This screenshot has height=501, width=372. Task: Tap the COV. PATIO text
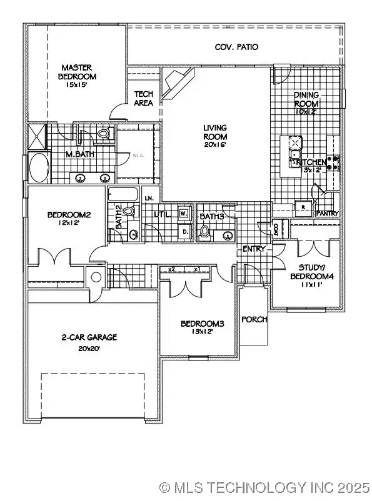236,47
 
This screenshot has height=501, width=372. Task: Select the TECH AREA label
144,99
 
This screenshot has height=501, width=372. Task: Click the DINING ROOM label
306,99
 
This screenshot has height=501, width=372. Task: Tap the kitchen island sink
294,154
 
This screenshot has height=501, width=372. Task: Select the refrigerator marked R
303,208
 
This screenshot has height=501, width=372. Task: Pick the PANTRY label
328,214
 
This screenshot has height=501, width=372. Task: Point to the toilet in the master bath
104,134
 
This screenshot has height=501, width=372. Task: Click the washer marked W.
184,213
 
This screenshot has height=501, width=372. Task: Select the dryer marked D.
185,232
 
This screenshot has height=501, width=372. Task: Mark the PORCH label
254,319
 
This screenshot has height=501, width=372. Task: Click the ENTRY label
254,249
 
